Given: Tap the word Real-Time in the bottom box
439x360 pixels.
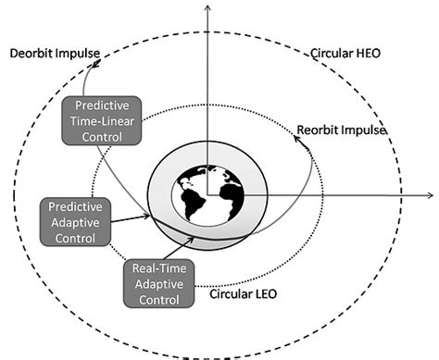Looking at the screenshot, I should (x=156, y=269).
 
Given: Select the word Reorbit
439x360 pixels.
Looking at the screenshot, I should (x=317, y=130).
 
